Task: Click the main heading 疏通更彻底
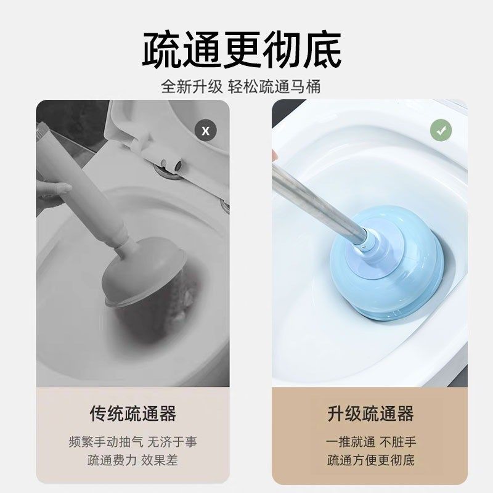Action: tap(242, 51)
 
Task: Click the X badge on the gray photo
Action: tap(206, 131)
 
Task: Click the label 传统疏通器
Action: tap(132, 413)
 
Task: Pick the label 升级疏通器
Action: tap(370, 413)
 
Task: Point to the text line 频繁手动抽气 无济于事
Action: tap(132, 442)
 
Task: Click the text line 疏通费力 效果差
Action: tap(132, 460)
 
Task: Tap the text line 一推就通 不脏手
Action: tap(370, 442)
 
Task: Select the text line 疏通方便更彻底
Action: tap(370, 460)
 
